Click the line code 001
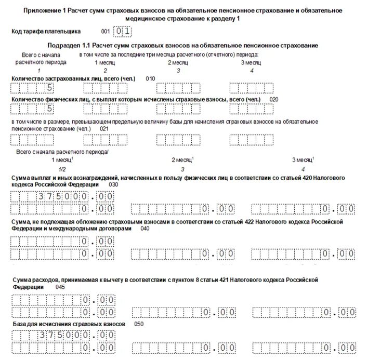(106, 31)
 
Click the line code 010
(150, 78)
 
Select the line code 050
(138, 324)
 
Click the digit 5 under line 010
(50, 87)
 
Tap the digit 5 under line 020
(50, 109)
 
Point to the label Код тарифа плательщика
(45, 31)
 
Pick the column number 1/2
(62, 169)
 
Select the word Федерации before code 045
(27, 286)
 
